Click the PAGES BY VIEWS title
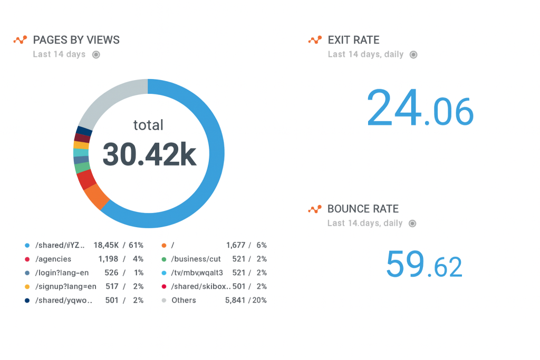click(76, 40)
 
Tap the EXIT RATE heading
click(353, 40)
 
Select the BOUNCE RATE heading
click(363, 209)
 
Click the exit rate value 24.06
click(420, 108)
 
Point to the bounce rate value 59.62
click(424, 264)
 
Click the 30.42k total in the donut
click(149, 154)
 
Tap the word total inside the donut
click(148, 125)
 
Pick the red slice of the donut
click(86, 179)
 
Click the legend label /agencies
click(53, 259)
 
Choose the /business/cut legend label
click(196, 259)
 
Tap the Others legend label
click(184, 300)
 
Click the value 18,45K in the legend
click(106, 245)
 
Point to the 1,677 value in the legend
click(236, 245)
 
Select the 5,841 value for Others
click(235, 300)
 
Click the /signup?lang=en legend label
click(66, 286)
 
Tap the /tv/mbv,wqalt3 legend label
click(197, 273)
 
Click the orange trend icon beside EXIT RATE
click(315, 40)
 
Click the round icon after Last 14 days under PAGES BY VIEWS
click(96, 54)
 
